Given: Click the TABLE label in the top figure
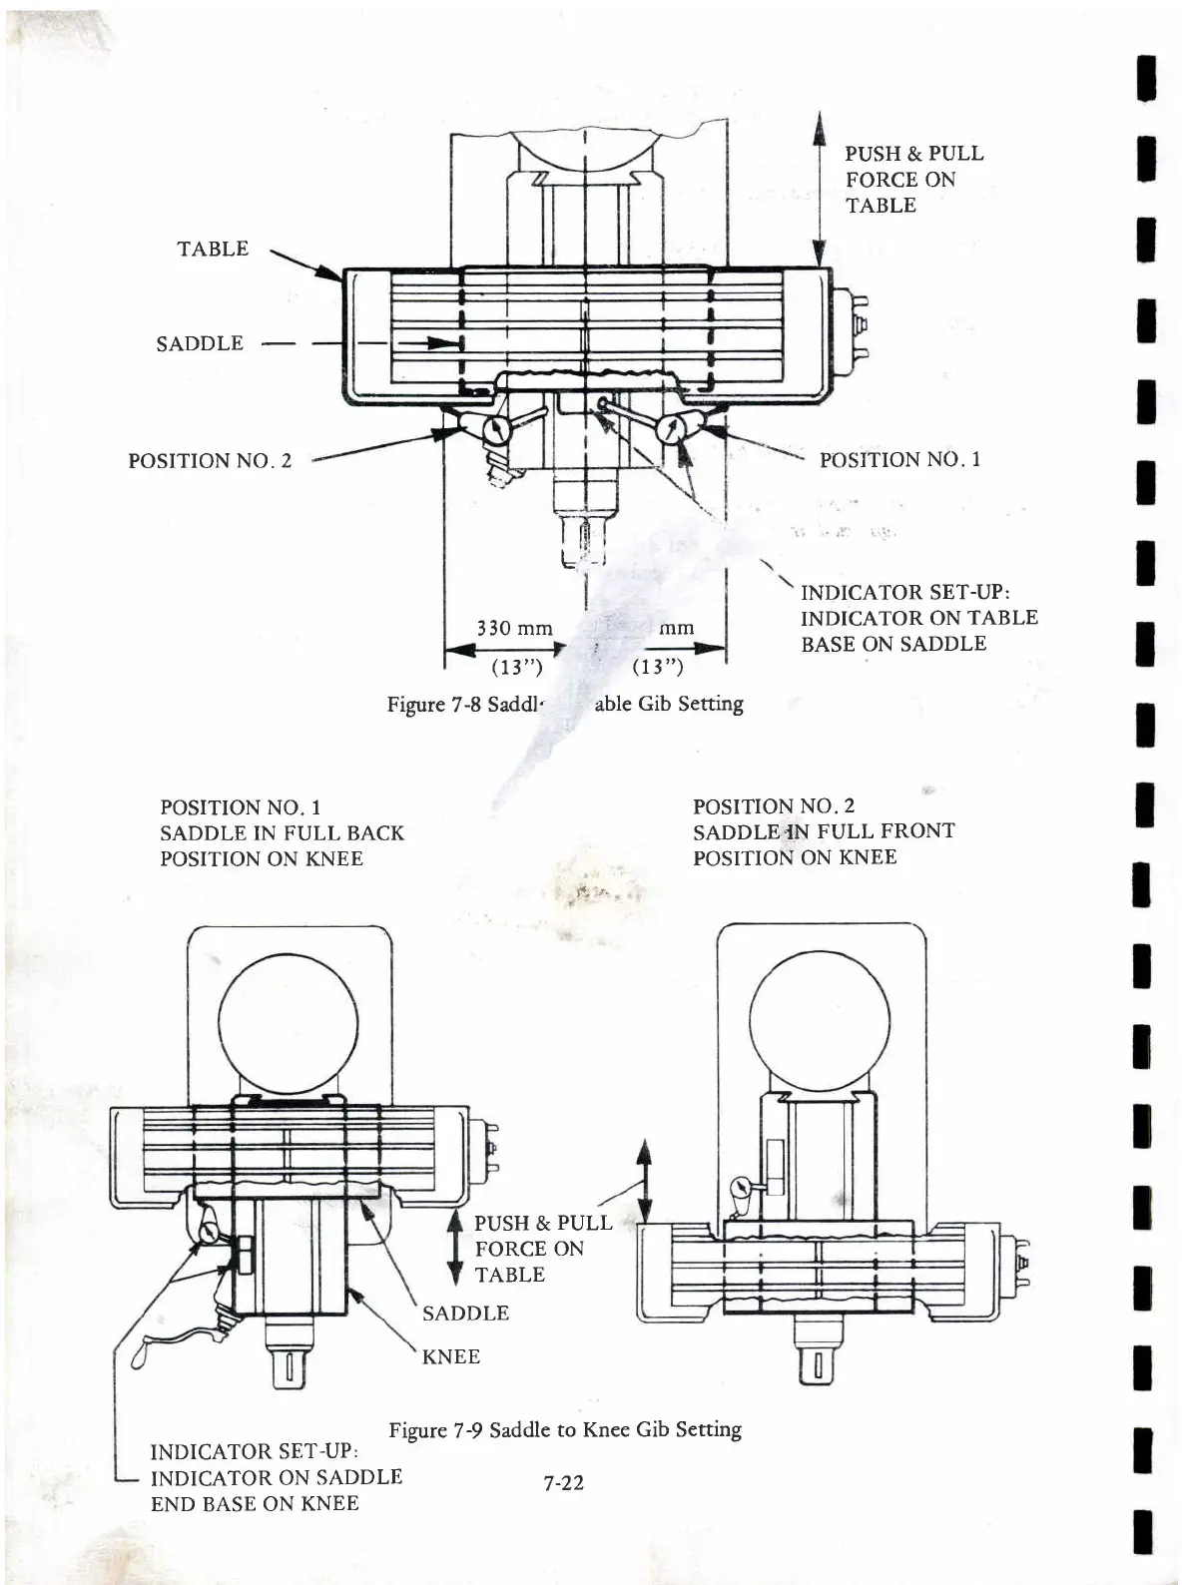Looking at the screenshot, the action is pos(213,249).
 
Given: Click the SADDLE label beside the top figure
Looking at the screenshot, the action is pos(200,343).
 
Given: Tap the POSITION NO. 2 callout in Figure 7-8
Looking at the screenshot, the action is pos(210,461).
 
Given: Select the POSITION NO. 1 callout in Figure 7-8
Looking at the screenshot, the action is pos(899,460).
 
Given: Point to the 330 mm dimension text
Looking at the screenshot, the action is pos(514,628).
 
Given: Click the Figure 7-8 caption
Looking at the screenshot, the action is pos(565,705).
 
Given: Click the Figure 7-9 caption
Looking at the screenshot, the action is pos(565,1429).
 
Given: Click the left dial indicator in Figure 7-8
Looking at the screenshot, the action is pos(496,430).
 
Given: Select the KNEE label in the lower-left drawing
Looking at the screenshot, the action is pos(451,1356).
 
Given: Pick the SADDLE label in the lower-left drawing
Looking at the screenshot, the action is pos(465,1314).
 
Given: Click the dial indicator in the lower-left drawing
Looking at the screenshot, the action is pos(210,1233).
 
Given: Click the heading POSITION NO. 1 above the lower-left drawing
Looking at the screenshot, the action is pos(240,807).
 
